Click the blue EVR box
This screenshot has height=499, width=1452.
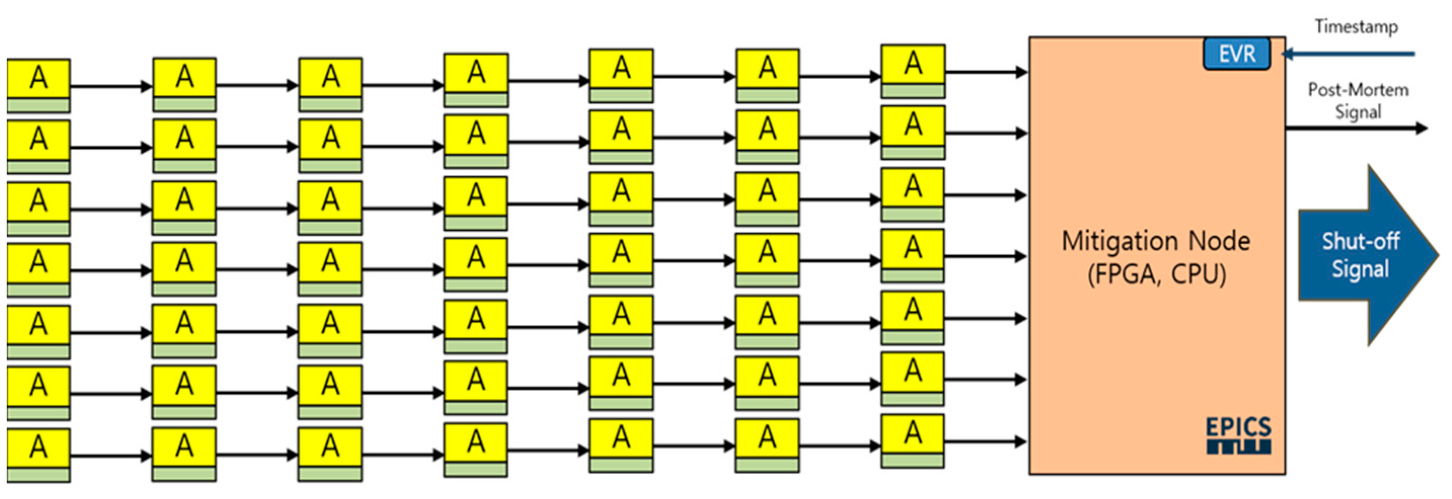[x=1237, y=54]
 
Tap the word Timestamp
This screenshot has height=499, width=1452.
[x=1356, y=27]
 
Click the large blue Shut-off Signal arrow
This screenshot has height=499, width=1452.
[x=1364, y=255]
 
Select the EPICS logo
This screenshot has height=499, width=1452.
[x=1239, y=435]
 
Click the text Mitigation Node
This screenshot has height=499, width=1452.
[x=1156, y=241]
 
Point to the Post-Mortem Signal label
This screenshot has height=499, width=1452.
[x=1358, y=101]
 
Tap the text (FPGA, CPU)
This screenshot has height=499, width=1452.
[x=1156, y=275]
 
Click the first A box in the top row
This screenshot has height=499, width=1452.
[x=39, y=78]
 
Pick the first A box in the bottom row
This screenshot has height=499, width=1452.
[x=39, y=448]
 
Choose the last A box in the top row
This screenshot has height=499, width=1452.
[x=912, y=64]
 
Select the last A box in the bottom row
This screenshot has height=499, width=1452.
[x=912, y=434]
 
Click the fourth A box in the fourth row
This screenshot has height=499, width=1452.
[x=476, y=258]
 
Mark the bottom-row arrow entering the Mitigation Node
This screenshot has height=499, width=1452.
[x=986, y=442]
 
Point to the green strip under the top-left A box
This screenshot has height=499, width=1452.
[x=39, y=105]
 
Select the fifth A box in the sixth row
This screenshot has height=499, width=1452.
[x=621, y=376]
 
